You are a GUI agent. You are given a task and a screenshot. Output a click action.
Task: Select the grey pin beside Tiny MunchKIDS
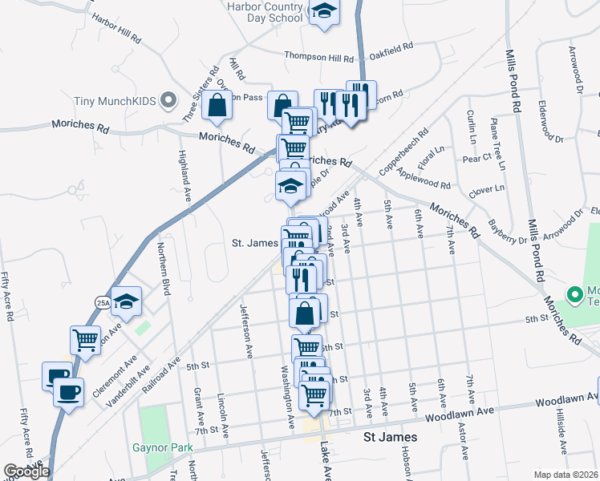tap(168, 101)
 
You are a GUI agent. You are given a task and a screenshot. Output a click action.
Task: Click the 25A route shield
tap(103, 302)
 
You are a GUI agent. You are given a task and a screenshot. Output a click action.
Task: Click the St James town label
tap(390, 437)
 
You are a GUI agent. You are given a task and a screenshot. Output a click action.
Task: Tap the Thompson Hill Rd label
tap(319, 58)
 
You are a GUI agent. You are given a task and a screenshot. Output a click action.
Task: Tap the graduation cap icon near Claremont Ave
tap(127, 301)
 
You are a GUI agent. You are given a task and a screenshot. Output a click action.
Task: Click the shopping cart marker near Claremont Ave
tap(85, 339)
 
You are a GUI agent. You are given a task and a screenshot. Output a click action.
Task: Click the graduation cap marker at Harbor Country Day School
tap(325, 11)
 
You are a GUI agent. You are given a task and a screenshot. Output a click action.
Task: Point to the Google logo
tap(26, 471)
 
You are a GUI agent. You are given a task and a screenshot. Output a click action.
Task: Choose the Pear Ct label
tap(476, 158)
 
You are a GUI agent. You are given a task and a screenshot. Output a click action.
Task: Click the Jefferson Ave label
tap(247, 329)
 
